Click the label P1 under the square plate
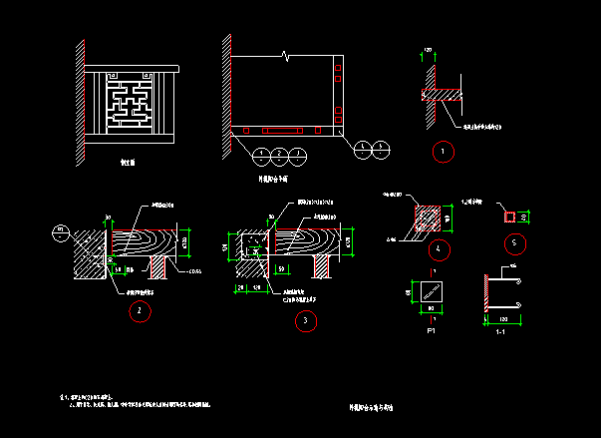point(432,328)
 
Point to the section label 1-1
point(503,328)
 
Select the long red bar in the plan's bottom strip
point(282,130)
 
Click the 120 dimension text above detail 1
point(429,49)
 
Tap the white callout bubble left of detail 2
point(59,231)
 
